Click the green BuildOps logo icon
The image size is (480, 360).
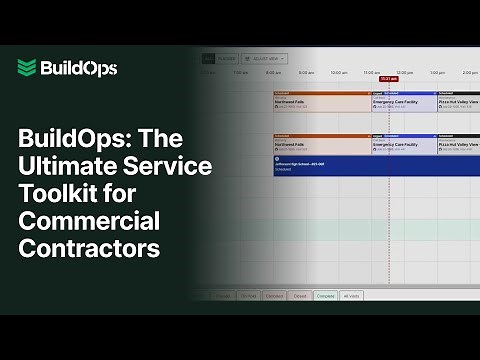coord(26,68)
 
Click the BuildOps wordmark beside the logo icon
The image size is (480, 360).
coord(79,68)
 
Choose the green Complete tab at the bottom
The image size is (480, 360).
coord(325,296)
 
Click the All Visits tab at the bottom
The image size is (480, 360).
coord(351,296)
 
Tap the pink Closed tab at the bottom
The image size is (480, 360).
coord(299,296)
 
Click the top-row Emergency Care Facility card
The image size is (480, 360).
coord(402,102)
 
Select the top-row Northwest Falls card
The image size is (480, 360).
coord(320,102)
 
